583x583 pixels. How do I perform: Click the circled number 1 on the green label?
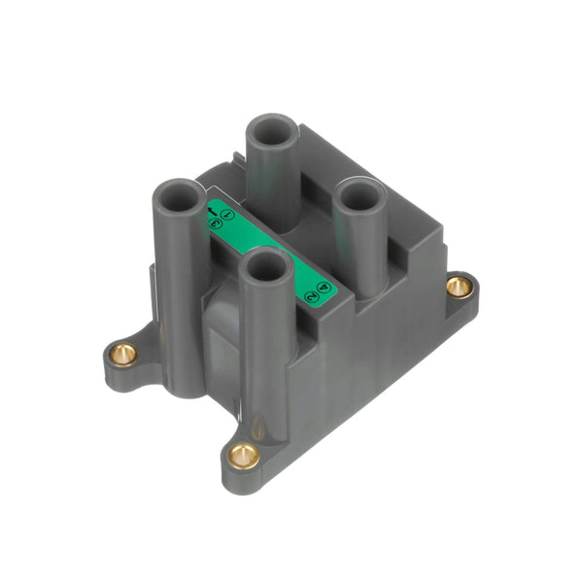[227, 214]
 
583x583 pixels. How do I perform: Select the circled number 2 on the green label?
[311, 295]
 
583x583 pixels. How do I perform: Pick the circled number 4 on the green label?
[324, 286]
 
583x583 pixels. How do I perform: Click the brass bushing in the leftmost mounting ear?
[122, 354]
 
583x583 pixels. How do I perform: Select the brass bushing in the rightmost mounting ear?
[459, 286]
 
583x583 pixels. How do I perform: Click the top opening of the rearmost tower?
[270, 128]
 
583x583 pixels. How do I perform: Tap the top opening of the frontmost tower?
[263, 262]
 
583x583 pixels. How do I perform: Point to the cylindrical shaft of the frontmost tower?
[263, 350]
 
